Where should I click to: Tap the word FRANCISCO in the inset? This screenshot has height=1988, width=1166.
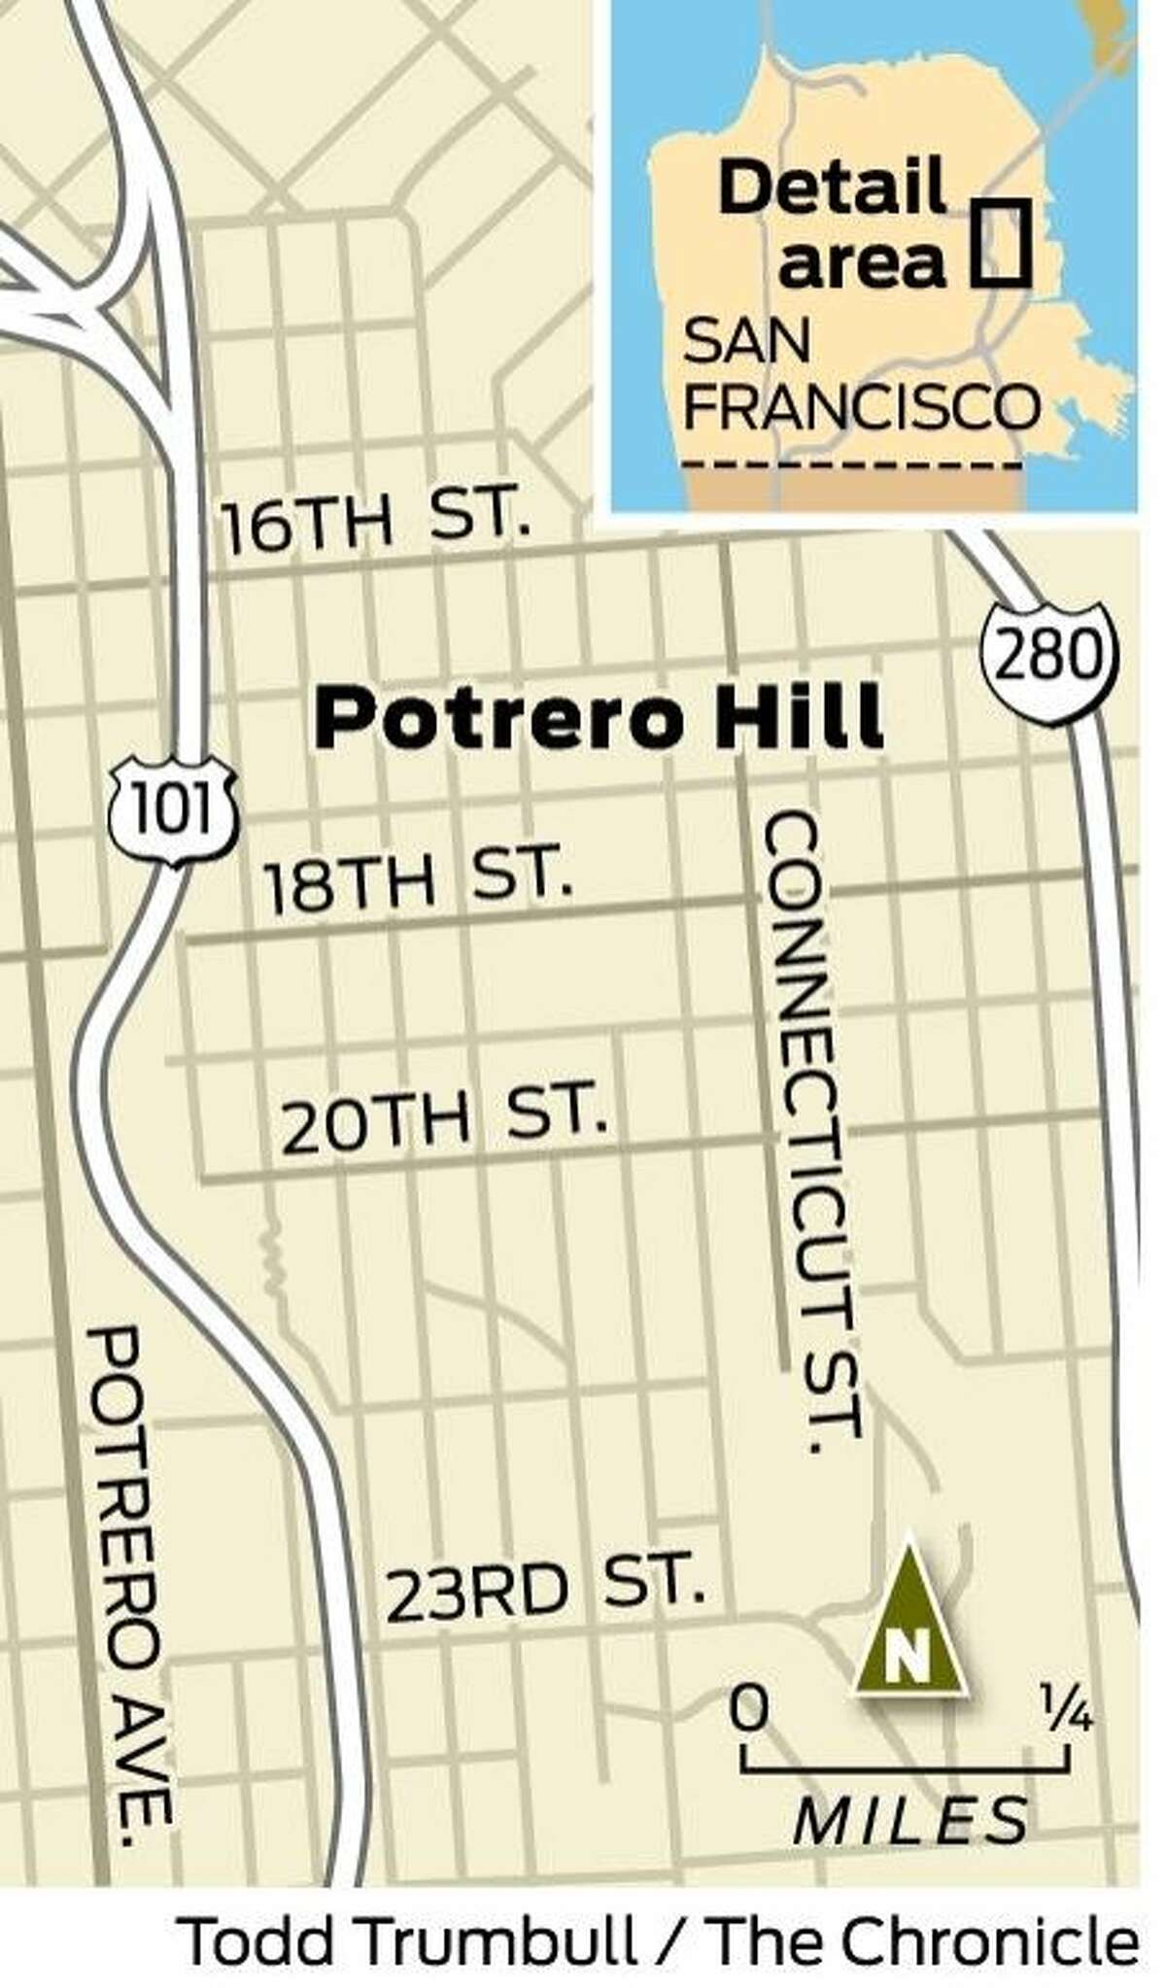pos(861,408)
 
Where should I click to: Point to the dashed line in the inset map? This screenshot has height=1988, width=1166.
pos(851,467)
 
